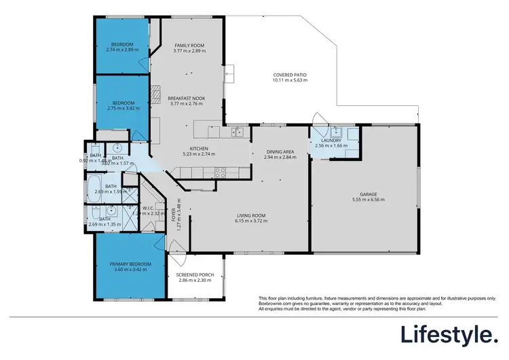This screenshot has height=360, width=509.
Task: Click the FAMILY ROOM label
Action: (x=189, y=46)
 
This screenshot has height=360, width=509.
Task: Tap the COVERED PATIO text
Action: (x=290, y=75)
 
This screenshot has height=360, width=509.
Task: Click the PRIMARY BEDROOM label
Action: (x=128, y=263)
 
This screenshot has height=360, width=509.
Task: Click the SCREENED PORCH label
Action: (x=195, y=274)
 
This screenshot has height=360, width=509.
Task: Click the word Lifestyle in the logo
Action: (x=447, y=334)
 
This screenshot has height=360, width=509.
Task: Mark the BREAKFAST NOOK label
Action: (x=186, y=98)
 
